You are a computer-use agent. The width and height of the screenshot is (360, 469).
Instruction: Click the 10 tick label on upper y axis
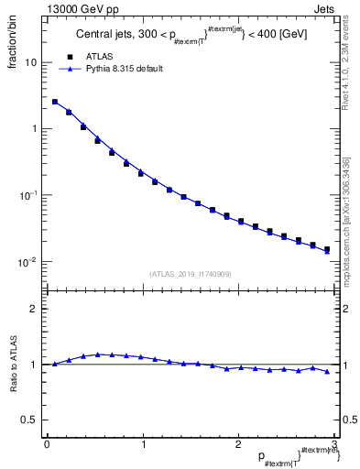30,62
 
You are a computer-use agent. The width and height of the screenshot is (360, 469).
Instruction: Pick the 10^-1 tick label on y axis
27,195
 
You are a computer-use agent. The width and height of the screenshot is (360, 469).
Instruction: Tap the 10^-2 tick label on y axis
27,262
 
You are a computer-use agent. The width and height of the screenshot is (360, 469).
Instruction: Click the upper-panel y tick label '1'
33,129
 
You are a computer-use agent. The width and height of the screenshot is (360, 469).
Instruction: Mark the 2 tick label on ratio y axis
33,309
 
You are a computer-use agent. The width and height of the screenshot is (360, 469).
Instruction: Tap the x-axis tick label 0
47,444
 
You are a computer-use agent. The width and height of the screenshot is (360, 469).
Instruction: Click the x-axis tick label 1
142,444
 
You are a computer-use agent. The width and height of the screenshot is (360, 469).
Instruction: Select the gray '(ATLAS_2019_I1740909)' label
191,274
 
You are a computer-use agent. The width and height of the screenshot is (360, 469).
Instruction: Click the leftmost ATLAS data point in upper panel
55,103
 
